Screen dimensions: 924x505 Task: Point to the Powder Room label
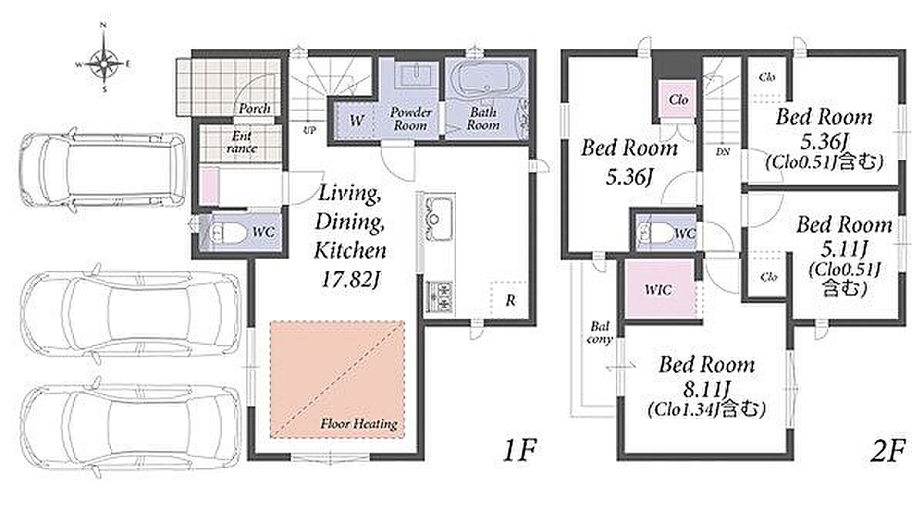click(410, 119)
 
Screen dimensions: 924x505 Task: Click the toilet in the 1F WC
click(228, 233)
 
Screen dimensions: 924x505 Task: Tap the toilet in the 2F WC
click(658, 233)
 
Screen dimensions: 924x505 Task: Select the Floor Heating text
click(360, 424)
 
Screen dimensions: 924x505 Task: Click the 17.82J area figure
click(350, 279)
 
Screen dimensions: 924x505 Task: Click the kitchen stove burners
click(440, 296)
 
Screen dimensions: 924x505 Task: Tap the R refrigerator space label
click(511, 300)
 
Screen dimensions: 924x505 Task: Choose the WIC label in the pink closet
click(658, 289)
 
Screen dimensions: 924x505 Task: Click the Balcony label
click(600, 333)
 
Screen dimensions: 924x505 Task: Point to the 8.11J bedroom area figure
click(706, 389)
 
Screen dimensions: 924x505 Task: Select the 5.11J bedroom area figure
click(845, 249)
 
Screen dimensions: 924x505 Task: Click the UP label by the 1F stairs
click(310, 131)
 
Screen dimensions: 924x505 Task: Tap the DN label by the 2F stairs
click(723, 152)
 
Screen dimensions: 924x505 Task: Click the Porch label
click(255, 109)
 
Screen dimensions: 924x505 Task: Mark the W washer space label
click(357, 121)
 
